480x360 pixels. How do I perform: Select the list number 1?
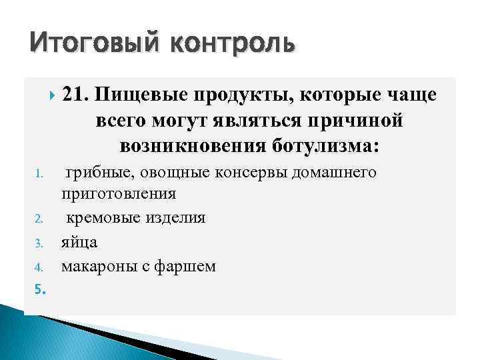pos(39,175)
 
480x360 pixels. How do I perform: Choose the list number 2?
pos(39,218)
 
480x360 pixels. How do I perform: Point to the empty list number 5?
pos(39,289)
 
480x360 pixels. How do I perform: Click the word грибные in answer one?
pos(95,173)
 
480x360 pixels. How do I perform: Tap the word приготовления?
pos(119,195)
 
